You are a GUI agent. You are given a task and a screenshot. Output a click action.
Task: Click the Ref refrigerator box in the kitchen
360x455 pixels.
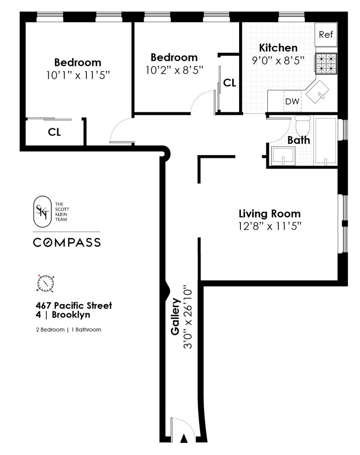[326, 35]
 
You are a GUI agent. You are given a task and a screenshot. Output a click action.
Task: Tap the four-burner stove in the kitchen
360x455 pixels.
[327, 64]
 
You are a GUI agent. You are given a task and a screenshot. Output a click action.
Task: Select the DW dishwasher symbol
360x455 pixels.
[292, 101]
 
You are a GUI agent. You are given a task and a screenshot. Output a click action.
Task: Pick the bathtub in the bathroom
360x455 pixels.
[325, 142]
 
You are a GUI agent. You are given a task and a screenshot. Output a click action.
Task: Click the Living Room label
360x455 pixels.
[270, 213]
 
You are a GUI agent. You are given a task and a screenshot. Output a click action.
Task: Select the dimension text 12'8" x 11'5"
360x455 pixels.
[270, 226]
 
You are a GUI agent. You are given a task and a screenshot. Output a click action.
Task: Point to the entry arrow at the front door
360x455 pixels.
[184, 439]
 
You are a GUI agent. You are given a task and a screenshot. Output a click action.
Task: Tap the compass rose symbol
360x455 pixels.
[46, 283]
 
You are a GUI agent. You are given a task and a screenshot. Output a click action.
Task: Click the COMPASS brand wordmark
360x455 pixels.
[67, 243]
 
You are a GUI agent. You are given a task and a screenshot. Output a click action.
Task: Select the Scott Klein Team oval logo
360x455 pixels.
[43, 210]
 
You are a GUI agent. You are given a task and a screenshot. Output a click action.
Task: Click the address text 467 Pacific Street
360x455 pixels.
[74, 305]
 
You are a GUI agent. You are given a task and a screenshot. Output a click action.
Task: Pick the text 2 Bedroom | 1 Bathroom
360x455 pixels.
[68, 329]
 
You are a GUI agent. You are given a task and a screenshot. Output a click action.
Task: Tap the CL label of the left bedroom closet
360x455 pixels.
[55, 132]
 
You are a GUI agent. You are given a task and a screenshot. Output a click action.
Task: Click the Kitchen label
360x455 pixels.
[278, 48]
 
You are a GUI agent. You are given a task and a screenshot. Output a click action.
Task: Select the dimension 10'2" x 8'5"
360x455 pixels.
[174, 71]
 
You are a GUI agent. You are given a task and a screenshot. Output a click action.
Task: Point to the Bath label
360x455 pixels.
[299, 140]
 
